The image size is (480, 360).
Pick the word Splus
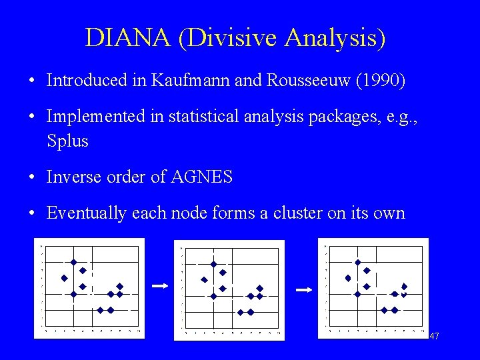[x=67, y=141]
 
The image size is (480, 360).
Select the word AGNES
[x=202, y=177]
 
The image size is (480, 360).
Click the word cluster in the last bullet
[x=298, y=213]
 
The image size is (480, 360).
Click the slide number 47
[x=434, y=337]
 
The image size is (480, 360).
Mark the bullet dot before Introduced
[x=32, y=81]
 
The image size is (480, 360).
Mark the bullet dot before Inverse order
[x=32, y=177]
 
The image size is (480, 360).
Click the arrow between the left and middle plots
[x=159, y=285]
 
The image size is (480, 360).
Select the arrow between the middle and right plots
[x=303, y=290]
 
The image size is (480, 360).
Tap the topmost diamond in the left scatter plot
[x=74, y=262]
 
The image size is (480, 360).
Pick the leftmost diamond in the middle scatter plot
[x=205, y=280]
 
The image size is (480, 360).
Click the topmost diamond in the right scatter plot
[x=358, y=263]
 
